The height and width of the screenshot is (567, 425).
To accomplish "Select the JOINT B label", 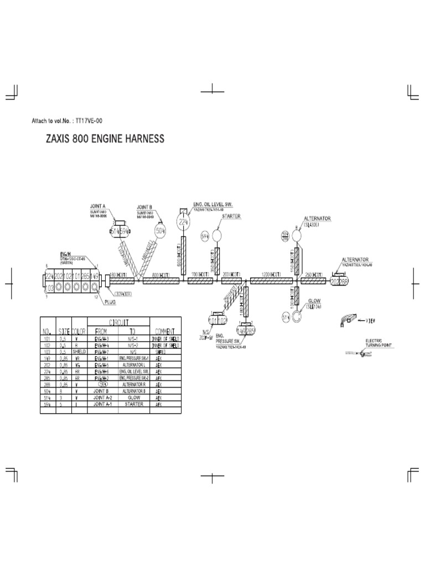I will click(x=144, y=207).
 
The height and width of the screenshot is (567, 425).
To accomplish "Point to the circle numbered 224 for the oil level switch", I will click(x=183, y=221).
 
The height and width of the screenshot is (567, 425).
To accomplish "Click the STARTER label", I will click(x=231, y=217).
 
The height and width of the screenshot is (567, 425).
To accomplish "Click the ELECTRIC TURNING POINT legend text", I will click(x=379, y=343).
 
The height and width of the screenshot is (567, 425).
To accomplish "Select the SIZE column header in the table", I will click(x=64, y=331).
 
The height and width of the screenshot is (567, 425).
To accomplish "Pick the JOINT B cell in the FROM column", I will click(x=102, y=392).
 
